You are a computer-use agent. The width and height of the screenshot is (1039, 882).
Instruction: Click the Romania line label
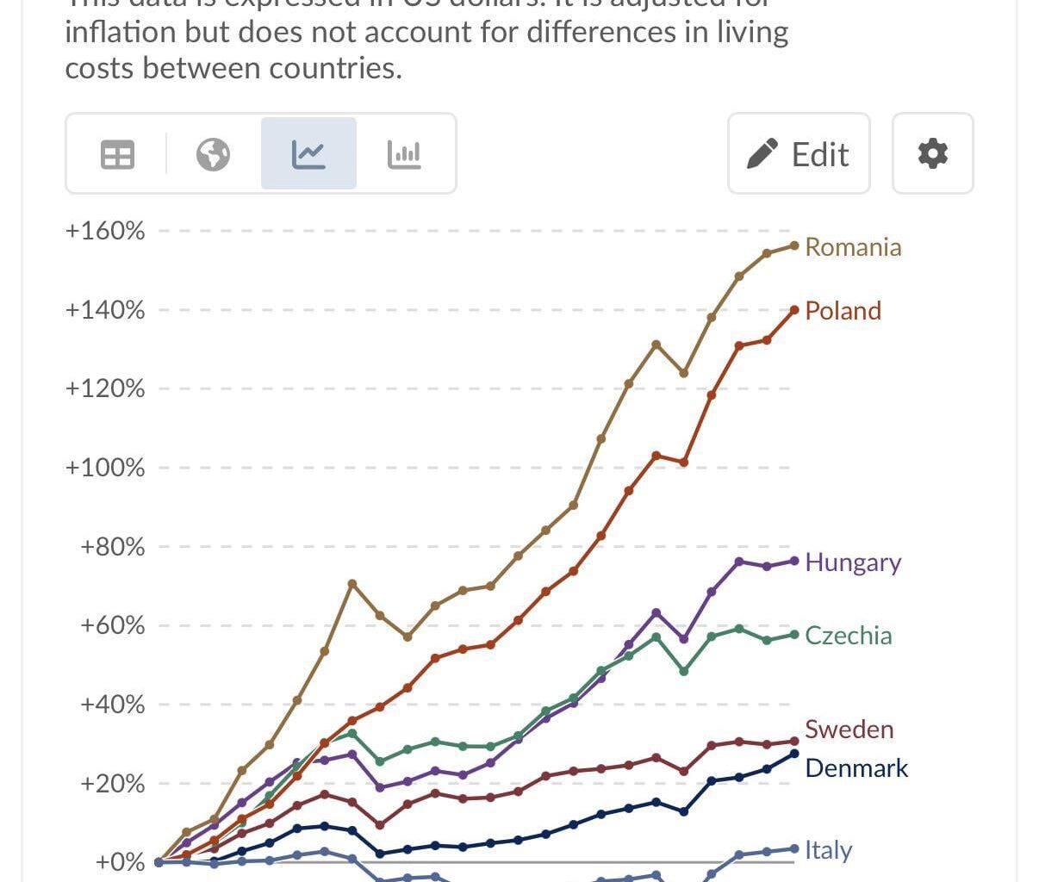(852, 247)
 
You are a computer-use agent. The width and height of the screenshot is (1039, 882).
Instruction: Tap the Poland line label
(843, 311)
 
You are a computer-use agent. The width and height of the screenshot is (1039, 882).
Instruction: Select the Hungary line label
(852, 562)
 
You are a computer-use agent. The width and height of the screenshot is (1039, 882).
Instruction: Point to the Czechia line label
(848, 636)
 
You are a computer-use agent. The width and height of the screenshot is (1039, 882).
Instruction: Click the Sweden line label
(849, 730)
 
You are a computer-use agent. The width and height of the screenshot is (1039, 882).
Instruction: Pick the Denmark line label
(855, 768)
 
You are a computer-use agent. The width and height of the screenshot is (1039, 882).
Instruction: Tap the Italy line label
(828, 850)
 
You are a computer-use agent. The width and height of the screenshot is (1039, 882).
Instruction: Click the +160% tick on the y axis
(105, 231)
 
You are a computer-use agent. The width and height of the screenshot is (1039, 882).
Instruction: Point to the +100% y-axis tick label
(105, 468)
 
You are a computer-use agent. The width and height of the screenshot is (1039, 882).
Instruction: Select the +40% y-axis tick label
(112, 705)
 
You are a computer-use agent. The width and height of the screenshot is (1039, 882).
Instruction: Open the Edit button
(799, 154)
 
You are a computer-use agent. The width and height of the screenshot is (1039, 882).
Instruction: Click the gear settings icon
(932, 154)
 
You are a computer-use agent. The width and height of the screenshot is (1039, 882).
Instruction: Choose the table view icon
(117, 155)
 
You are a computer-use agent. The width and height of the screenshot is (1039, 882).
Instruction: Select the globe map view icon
(213, 155)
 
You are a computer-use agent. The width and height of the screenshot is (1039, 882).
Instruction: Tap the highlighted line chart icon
(308, 155)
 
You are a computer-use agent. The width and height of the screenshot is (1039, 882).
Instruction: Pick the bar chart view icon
(404, 155)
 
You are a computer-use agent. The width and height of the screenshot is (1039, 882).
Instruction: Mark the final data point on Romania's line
(794, 245)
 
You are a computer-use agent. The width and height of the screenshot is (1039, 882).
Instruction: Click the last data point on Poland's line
(794, 310)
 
